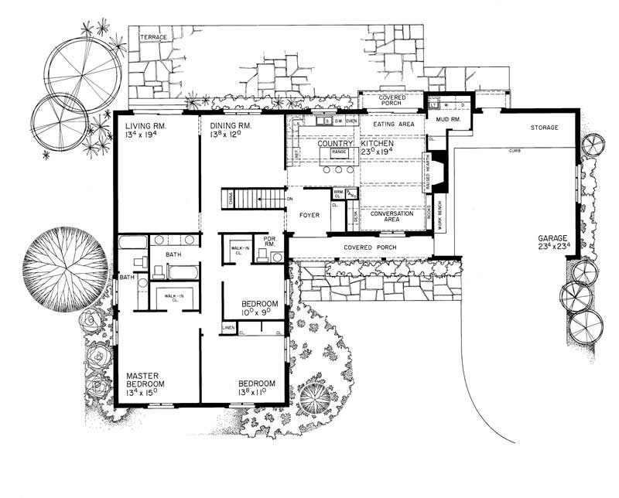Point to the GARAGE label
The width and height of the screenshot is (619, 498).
coord(553,237)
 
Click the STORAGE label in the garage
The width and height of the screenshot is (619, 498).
coord(545,126)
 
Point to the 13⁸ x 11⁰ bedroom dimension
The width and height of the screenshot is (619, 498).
coord(256,393)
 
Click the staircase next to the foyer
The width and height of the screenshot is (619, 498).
coord(251,199)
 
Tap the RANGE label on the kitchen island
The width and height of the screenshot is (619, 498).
coord(339,152)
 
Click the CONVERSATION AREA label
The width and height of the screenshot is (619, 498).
coord(392,217)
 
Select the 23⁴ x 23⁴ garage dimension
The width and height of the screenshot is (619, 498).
coord(553,247)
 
